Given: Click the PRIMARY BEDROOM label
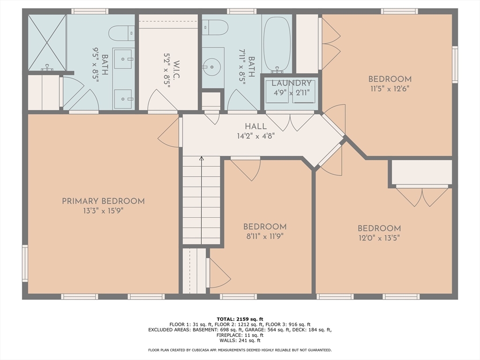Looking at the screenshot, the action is [x=103, y=202].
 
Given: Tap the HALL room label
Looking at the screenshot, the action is [x=255, y=126].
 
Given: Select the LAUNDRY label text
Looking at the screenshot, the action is [x=292, y=83].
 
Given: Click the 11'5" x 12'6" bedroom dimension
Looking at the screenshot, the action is [x=390, y=89].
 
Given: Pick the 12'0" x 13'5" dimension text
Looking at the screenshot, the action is [x=379, y=238].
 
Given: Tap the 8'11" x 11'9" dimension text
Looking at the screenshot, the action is [x=265, y=236].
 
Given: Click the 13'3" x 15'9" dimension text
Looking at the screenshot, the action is [x=103, y=211].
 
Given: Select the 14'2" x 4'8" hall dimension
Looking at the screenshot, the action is [x=255, y=135].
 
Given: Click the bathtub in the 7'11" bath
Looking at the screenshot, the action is [x=277, y=45].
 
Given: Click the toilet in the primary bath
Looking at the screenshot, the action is [x=122, y=33].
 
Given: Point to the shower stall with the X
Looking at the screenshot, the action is [x=47, y=42].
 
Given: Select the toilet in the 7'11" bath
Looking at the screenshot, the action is [x=216, y=28].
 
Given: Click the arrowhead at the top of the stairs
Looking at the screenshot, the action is [x=202, y=158].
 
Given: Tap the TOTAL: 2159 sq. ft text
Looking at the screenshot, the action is [x=240, y=319].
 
